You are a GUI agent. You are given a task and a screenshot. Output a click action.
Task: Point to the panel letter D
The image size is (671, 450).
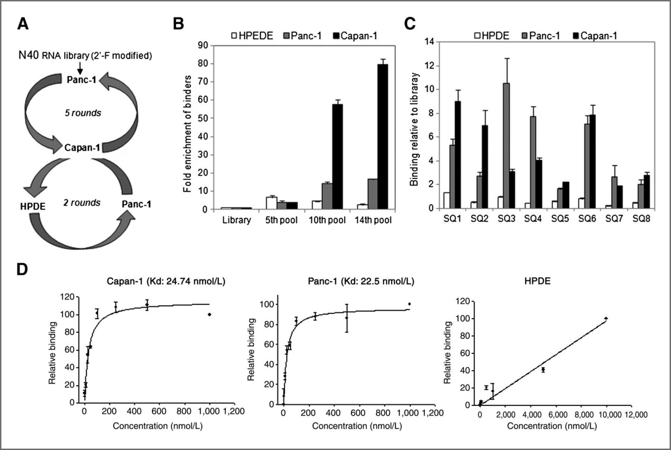tap(22, 270)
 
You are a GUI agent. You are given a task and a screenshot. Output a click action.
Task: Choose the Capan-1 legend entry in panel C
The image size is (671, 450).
tap(594, 36)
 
